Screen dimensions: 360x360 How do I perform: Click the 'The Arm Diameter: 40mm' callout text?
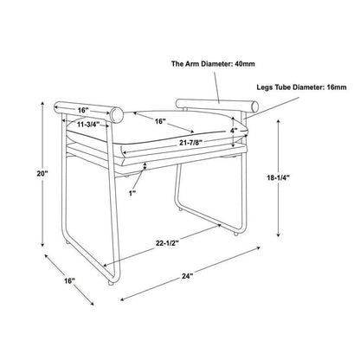(213, 64)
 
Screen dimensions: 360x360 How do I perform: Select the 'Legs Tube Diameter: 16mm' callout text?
(301, 87)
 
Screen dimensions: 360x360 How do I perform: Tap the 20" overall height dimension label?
(42, 174)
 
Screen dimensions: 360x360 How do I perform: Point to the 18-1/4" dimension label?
(278, 177)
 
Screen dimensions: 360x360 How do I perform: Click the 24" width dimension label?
(187, 276)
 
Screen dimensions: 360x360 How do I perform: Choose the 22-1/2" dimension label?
(167, 243)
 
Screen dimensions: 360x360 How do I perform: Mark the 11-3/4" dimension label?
(88, 125)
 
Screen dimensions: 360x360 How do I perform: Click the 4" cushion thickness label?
(234, 131)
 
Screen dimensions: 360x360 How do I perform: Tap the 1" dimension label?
(132, 193)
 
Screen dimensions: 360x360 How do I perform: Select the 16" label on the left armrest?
(83, 110)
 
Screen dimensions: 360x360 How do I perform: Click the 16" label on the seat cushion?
(159, 121)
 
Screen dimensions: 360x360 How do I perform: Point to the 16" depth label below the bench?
(69, 280)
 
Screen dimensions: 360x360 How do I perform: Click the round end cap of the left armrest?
(117, 115)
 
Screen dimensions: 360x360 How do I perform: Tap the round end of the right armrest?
(254, 106)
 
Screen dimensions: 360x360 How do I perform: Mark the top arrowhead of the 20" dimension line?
(42, 104)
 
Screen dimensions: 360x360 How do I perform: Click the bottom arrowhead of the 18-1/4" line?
(279, 235)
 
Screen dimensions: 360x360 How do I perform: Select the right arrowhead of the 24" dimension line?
(258, 247)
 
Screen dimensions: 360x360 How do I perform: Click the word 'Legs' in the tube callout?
(265, 87)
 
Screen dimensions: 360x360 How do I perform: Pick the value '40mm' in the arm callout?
(245, 64)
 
